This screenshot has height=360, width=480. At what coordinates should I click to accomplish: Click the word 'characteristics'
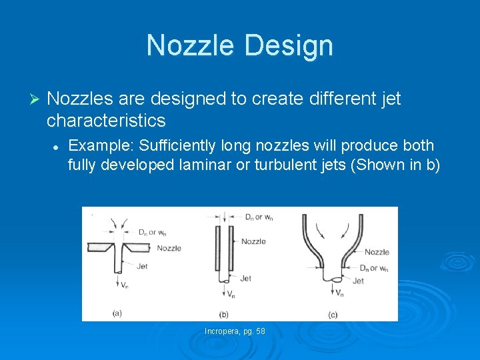[x=106, y=120]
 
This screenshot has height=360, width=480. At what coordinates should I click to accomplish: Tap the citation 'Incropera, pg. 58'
[x=235, y=331]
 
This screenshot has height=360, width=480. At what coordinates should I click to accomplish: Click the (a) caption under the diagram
[x=117, y=312]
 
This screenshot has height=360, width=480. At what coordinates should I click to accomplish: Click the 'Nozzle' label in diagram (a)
[x=169, y=249]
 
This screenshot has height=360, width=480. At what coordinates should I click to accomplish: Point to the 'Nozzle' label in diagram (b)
[x=253, y=241]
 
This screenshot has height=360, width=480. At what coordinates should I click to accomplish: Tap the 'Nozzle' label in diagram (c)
[x=377, y=252]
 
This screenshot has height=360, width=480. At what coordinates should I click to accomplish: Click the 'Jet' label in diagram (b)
[x=245, y=279]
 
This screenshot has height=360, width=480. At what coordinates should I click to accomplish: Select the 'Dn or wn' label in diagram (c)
[x=373, y=268]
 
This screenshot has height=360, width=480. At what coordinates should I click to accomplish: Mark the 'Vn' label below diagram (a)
[x=125, y=285]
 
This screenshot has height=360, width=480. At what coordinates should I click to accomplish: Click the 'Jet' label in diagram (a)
[x=142, y=267]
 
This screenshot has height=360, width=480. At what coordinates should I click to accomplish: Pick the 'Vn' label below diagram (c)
[x=339, y=293]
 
